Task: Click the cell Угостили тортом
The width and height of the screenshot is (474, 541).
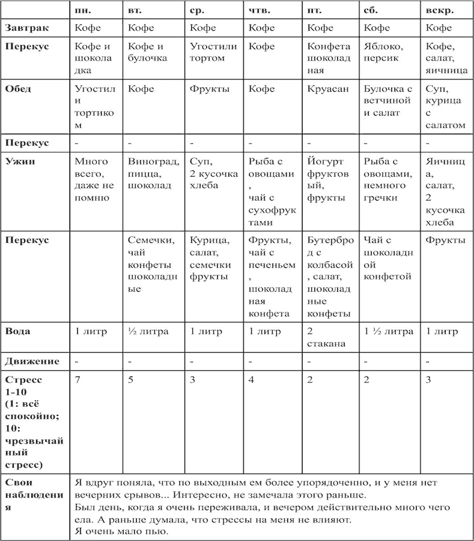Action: [x=213, y=52]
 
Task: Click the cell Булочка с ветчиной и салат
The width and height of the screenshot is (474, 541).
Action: [x=387, y=100]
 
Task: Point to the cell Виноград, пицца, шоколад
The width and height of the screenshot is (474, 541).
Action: [x=154, y=173]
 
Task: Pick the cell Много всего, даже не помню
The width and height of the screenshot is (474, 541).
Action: [x=94, y=179]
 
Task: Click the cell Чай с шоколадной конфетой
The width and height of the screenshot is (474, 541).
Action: [x=388, y=258]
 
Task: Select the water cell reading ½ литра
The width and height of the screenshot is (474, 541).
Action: [x=148, y=331]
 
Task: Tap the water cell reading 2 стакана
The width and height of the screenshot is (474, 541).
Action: [x=325, y=337]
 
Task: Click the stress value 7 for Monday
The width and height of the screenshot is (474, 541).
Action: [x=77, y=380]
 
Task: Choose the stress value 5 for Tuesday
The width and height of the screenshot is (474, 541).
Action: [x=132, y=380]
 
